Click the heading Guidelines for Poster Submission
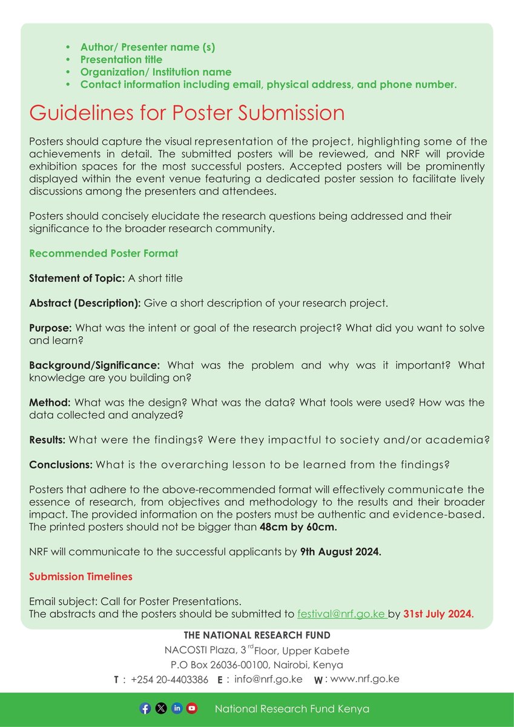click(186, 113)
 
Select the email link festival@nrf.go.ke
click(341, 614)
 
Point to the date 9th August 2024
click(340, 552)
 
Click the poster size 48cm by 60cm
click(298, 527)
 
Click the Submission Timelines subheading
click(81, 577)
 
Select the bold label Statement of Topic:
click(77, 278)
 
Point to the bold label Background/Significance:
click(94, 365)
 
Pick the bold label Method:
click(50, 402)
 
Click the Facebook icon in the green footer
click(145, 708)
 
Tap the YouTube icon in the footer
click(192, 708)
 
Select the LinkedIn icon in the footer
click(176, 708)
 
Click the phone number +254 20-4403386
click(170, 679)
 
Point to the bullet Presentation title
click(121, 59)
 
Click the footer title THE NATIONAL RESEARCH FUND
click(257, 635)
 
